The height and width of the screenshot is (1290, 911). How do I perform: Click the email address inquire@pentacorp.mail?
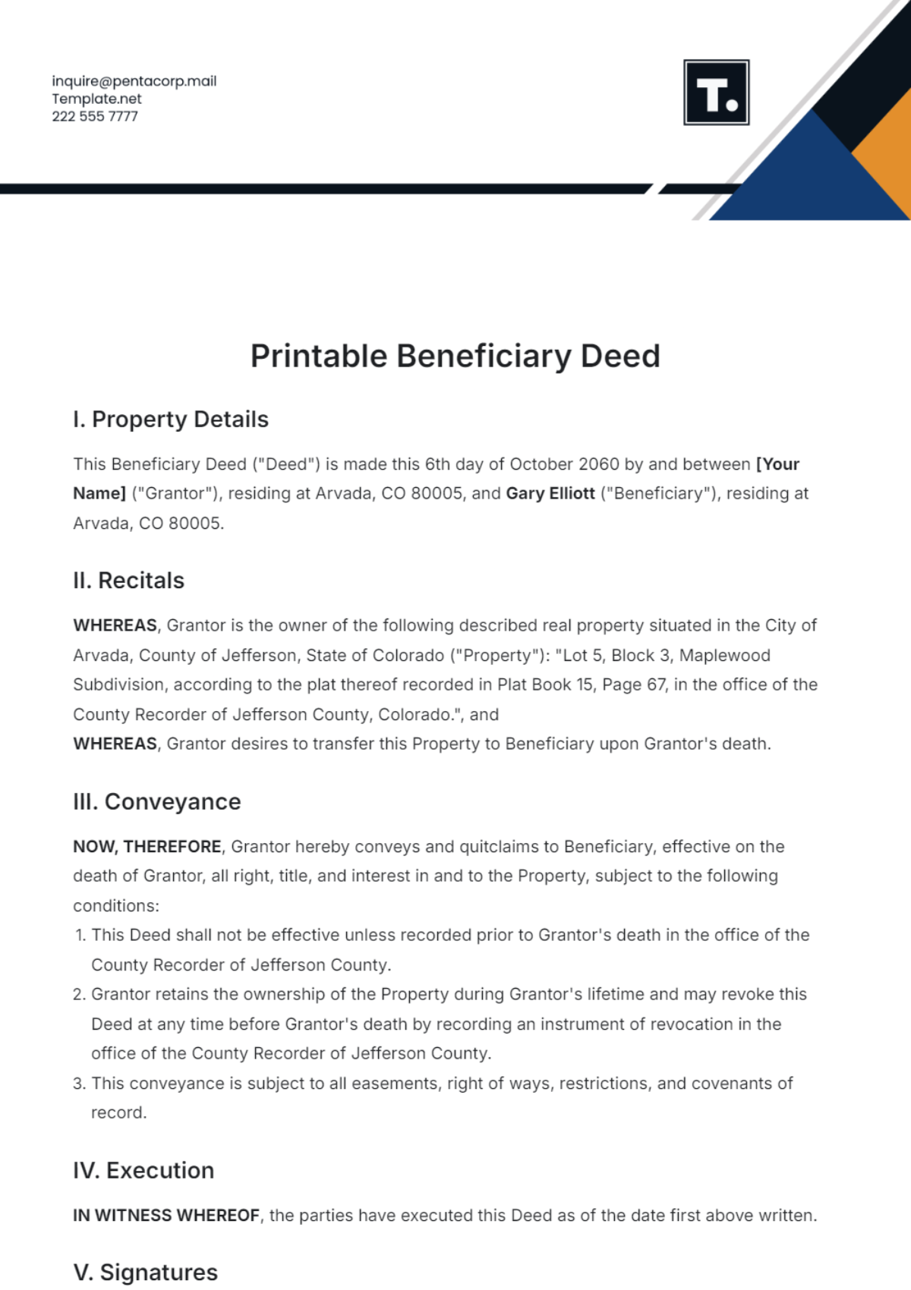click(134, 81)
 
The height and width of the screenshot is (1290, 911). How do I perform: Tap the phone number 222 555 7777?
click(95, 116)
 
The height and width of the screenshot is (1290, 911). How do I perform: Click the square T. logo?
click(716, 93)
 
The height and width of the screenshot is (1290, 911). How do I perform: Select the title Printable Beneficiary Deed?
click(455, 357)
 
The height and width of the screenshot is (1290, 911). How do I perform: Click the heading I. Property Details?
click(171, 420)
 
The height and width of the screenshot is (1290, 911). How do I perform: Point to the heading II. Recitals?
click(128, 580)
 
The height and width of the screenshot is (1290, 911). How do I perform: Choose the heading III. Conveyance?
click(156, 802)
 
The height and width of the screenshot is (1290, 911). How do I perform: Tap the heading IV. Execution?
click(143, 1171)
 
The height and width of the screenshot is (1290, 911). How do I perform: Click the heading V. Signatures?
click(145, 1273)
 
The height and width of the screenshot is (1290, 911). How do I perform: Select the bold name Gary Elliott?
click(550, 493)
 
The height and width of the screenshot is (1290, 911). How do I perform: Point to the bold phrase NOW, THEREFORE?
click(147, 847)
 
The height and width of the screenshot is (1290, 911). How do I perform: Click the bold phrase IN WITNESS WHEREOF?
click(166, 1216)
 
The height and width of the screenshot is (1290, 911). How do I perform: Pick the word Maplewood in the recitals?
click(724, 656)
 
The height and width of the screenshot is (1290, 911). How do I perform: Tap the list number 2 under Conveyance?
click(79, 995)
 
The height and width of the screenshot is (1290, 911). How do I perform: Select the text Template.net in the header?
click(96, 99)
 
